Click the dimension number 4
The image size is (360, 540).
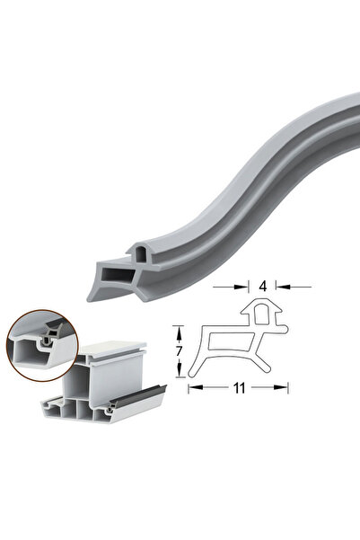263,286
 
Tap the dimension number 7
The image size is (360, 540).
179,351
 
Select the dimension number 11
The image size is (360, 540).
239,388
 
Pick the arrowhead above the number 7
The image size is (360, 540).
179,332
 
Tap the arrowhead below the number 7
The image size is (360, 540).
179,370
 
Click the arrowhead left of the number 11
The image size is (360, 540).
196,387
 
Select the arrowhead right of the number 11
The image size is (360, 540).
280,387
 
